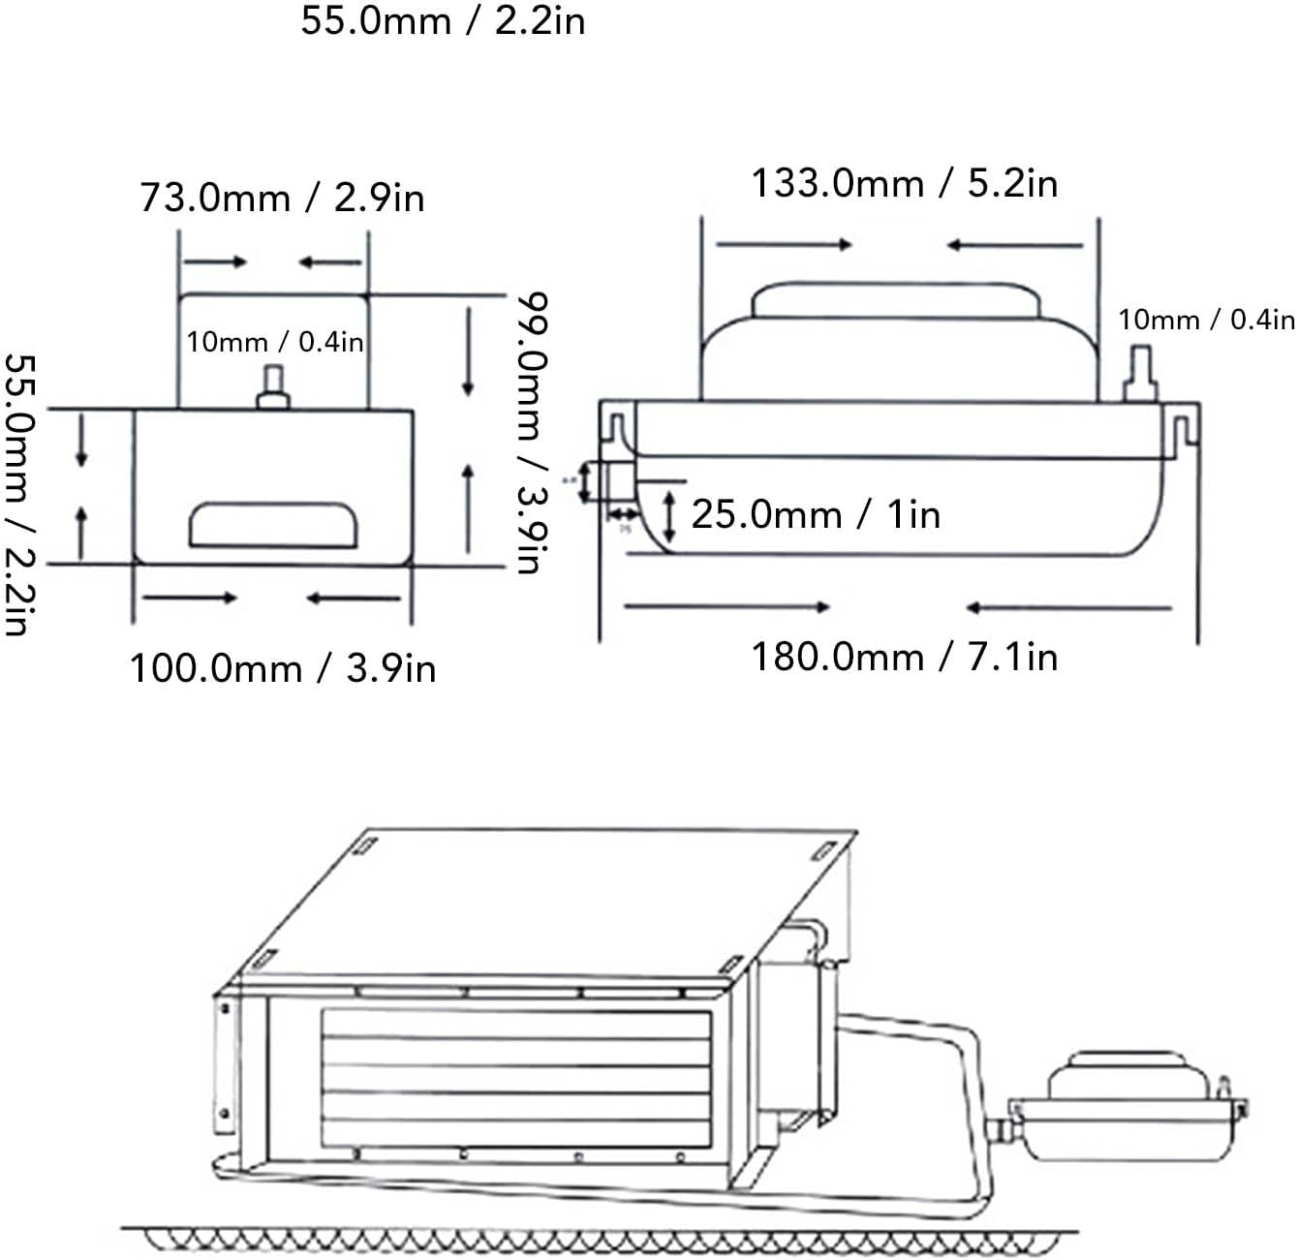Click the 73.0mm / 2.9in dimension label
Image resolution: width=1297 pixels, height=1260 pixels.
pyautogui.click(x=282, y=198)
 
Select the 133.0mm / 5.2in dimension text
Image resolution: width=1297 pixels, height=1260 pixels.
pyautogui.click(x=905, y=183)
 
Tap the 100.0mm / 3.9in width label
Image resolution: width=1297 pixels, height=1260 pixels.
pyautogui.click(x=283, y=668)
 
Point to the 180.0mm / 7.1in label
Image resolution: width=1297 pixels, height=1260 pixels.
pyautogui.click(x=905, y=657)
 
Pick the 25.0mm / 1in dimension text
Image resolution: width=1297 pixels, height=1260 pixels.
pyautogui.click(x=816, y=514)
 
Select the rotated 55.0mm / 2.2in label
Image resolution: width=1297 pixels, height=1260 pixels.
pyautogui.click(x=16, y=494)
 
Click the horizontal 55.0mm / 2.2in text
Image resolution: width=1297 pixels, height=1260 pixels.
pyautogui.click(x=443, y=20)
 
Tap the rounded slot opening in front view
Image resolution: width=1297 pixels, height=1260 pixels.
pyautogui.click(x=273, y=525)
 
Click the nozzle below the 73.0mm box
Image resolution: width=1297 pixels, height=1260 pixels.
pyautogui.click(x=273, y=388)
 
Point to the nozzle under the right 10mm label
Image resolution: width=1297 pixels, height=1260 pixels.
pyautogui.click(x=1140, y=379)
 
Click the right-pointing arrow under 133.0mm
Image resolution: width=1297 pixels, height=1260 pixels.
pyautogui.click(x=784, y=245)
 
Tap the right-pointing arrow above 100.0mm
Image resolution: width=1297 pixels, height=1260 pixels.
pyautogui.click(x=190, y=598)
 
